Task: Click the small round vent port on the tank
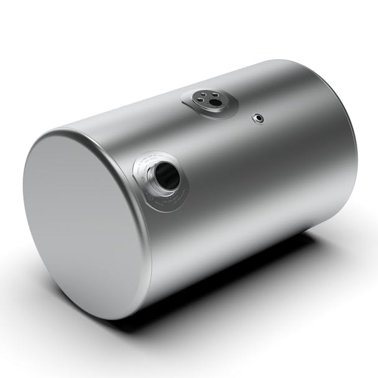256,116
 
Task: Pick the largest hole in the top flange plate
214,102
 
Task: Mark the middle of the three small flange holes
209,94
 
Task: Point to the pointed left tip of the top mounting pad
184,98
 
